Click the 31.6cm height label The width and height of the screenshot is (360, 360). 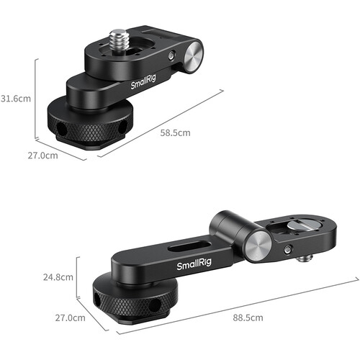16,99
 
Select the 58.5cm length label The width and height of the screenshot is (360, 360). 175,132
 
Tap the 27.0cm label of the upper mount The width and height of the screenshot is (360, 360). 42,156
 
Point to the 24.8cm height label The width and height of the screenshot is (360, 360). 58,277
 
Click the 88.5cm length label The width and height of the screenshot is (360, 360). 248,318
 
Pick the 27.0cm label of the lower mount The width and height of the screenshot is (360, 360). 70,318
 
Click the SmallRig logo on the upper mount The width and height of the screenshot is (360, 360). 143,81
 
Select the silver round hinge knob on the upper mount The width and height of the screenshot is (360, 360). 194,58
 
